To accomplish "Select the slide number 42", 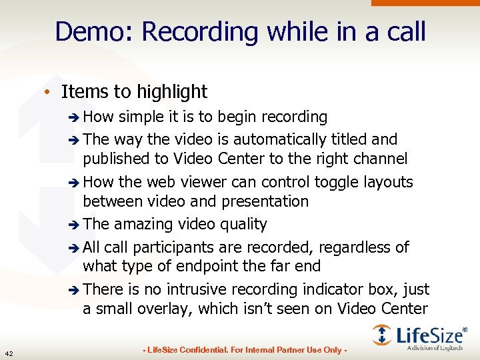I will [9, 353].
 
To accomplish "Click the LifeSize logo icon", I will [382, 335].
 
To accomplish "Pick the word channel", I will [383, 159].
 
